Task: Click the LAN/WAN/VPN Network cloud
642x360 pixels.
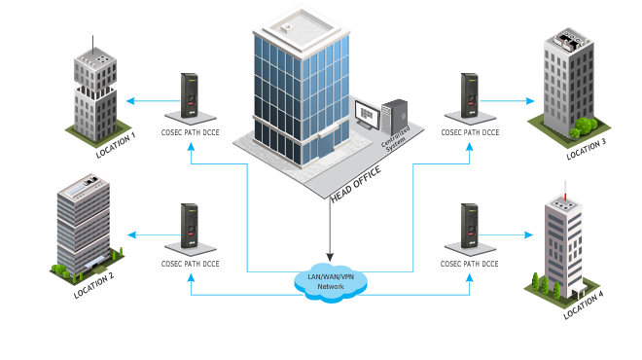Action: tap(331, 282)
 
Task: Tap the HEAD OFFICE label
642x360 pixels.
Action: tap(355, 185)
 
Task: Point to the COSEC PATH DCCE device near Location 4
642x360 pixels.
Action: tap(471, 230)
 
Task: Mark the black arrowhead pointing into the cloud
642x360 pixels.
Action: tap(331, 257)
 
